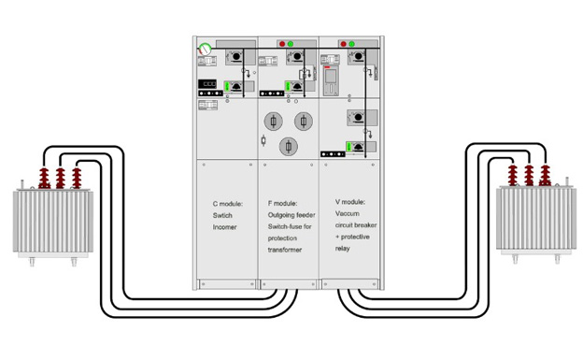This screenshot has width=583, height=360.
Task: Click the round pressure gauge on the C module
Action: click(205, 49)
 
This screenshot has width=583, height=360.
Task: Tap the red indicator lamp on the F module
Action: click(282, 44)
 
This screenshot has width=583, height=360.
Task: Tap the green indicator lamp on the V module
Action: click(351, 44)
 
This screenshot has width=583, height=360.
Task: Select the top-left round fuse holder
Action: click(273, 122)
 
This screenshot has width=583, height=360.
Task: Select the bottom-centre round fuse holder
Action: click(289, 146)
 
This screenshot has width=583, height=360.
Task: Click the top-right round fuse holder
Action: click(304, 122)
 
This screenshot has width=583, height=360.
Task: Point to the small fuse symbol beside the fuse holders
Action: click(263, 140)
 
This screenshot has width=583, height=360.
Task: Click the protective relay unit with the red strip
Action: click(331, 80)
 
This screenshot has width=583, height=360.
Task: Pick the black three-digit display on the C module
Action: click(207, 84)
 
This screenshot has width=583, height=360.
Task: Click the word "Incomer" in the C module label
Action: click(224, 227)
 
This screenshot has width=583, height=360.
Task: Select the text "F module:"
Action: click(282, 204)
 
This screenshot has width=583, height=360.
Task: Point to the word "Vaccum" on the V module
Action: click(348, 214)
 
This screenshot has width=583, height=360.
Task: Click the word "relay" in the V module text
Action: click(343, 249)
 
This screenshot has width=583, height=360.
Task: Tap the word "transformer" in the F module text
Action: click(284, 250)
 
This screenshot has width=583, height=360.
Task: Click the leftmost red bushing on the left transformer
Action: click(44, 178)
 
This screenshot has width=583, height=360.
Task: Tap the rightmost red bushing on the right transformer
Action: click(545, 176)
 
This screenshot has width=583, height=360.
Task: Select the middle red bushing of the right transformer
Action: click(529, 176)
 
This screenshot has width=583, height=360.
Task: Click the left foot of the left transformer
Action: click(32, 262)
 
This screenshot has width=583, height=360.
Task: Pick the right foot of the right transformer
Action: click(557, 259)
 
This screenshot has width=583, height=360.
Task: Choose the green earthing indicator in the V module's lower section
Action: click(349, 147)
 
